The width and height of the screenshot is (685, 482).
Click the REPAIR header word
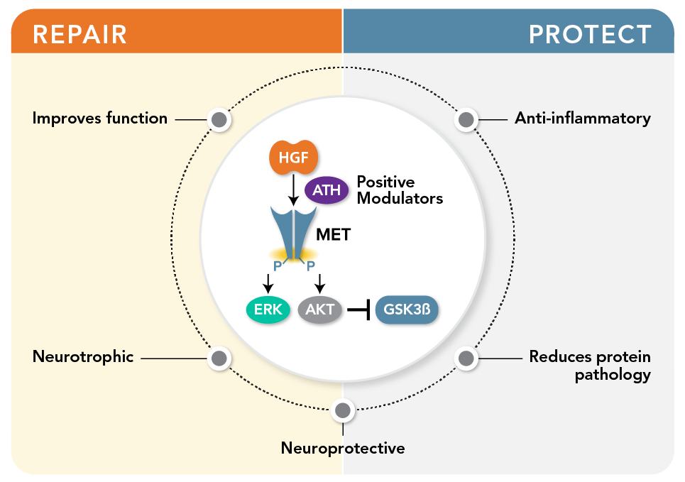pos(80,33)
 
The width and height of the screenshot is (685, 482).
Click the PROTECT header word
pos(590,33)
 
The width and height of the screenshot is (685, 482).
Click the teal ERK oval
pos(267,310)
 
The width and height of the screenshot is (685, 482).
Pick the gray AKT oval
pos(320,310)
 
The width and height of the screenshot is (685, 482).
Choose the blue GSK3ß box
pos(406,310)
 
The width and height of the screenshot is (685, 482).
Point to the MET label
pos(333,234)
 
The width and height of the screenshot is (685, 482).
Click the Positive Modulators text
pos(399,190)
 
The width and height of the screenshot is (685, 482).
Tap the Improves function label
pos(100,118)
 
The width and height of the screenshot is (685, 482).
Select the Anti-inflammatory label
pos(582,118)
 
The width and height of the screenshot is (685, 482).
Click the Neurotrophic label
pos(83,356)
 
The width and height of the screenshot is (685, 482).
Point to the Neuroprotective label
pos(343,448)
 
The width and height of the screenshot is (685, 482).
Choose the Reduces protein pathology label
pos(590,366)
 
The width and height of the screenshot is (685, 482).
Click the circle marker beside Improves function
pos(219,120)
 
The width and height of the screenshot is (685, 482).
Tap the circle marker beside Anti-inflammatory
pos(466,120)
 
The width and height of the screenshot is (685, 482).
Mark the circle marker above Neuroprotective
pos(343,410)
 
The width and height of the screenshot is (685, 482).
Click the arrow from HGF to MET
pos(294,191)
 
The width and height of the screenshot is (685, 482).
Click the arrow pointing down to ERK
pos(268,283)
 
